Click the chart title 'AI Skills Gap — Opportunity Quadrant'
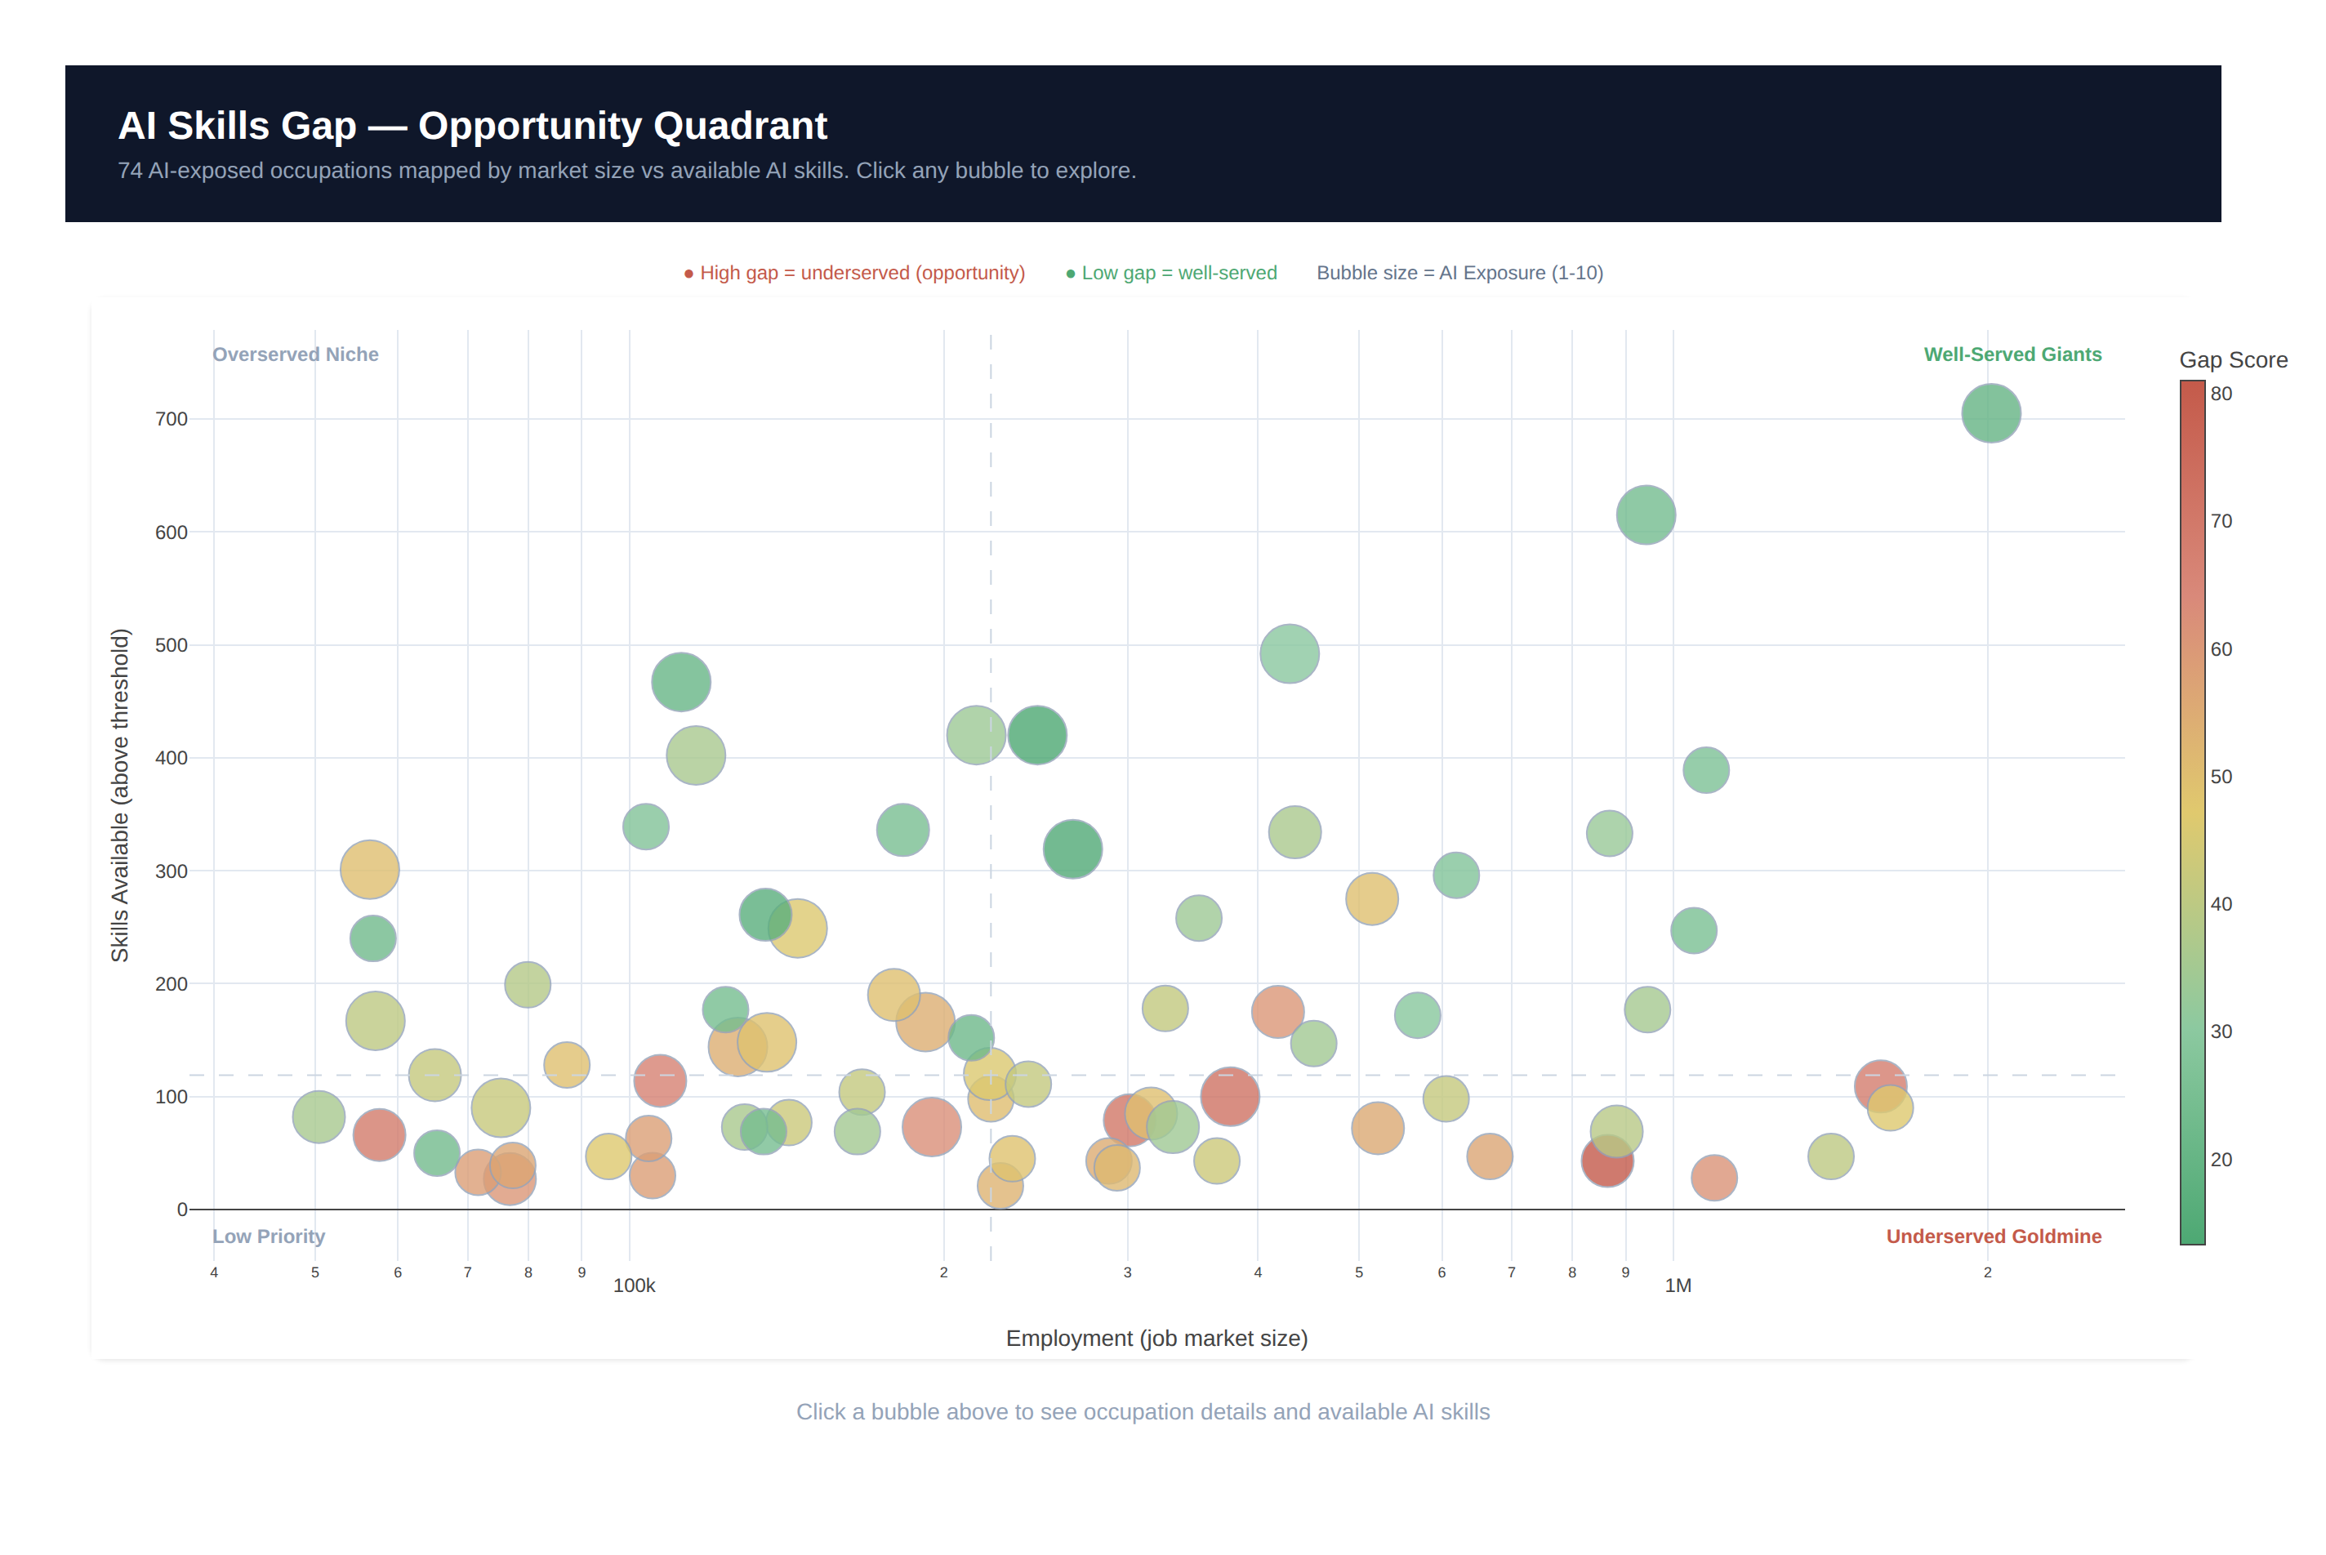coord(472,126)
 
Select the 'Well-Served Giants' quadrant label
coord(2012,354)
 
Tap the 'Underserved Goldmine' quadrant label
coord(1993,1236)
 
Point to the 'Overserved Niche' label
coord(296,354)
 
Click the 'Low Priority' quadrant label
coord(269,1236)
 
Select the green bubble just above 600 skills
coord(1645,515)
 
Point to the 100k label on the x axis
coord(634,1285)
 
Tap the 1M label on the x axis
coord(1678,1285)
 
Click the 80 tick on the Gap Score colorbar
coord(2221,394)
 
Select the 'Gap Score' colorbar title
coord(2233,360)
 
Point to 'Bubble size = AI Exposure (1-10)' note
coord(1459,273)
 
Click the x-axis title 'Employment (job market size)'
coord(1156,1338)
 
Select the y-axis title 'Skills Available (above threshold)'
coord(120,795)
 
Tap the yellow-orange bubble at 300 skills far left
coord(369,870)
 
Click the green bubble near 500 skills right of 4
coord(1289,653)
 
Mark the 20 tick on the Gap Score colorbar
coord(2221,1160)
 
